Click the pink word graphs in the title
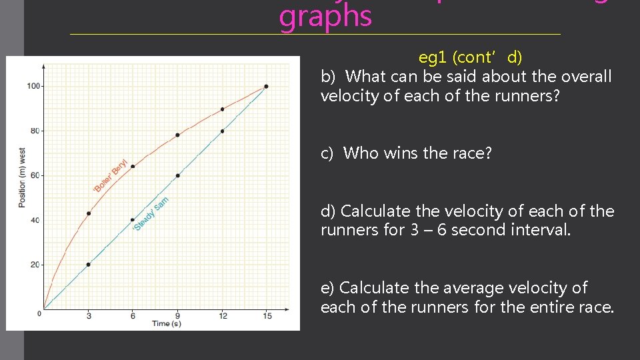click(x=325, y=17)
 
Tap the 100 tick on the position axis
click(x=33, y=86)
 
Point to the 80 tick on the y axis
click(x=34, y=131)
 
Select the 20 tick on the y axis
click(x=34, y=265)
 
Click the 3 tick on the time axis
click(x=89, y=315)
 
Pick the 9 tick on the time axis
click(x=177, y=315)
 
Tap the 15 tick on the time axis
click(x=266, y=315)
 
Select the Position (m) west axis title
click(x=22, y=177)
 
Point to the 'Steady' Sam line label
click(x=151, y=214)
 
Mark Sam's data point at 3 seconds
click(x=89, y=265)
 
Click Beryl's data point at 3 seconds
click(x=89, y=213)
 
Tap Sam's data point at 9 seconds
click(x=177, y=175)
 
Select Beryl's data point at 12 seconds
click(x=222, y=109)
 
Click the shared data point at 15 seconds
click(x=266, y=86)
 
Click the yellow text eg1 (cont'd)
click(x=470, y=57)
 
